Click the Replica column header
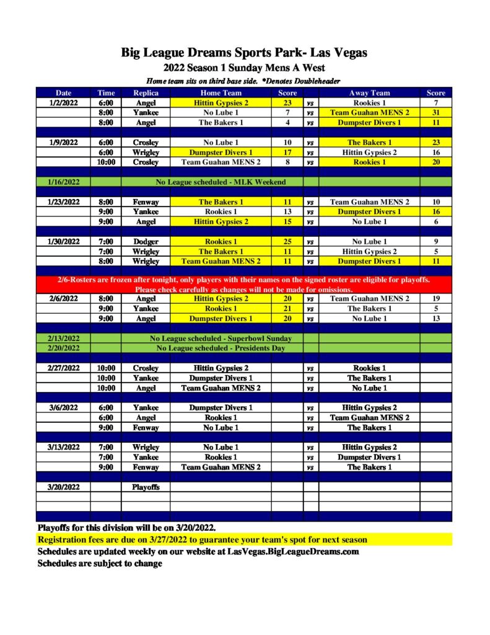146,93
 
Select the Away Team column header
369,93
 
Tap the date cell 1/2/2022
63,103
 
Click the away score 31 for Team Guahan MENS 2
435,113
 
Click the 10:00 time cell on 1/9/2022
106,162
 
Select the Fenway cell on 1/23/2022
146,202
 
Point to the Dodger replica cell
146,242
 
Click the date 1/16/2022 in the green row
63,182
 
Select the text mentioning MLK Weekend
221,182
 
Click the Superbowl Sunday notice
221,339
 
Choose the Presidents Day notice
221,349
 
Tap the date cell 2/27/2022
63,368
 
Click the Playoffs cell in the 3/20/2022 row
146,487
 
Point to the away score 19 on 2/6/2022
435,299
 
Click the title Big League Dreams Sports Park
245,53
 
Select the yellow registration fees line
203,540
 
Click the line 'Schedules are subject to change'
100,564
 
